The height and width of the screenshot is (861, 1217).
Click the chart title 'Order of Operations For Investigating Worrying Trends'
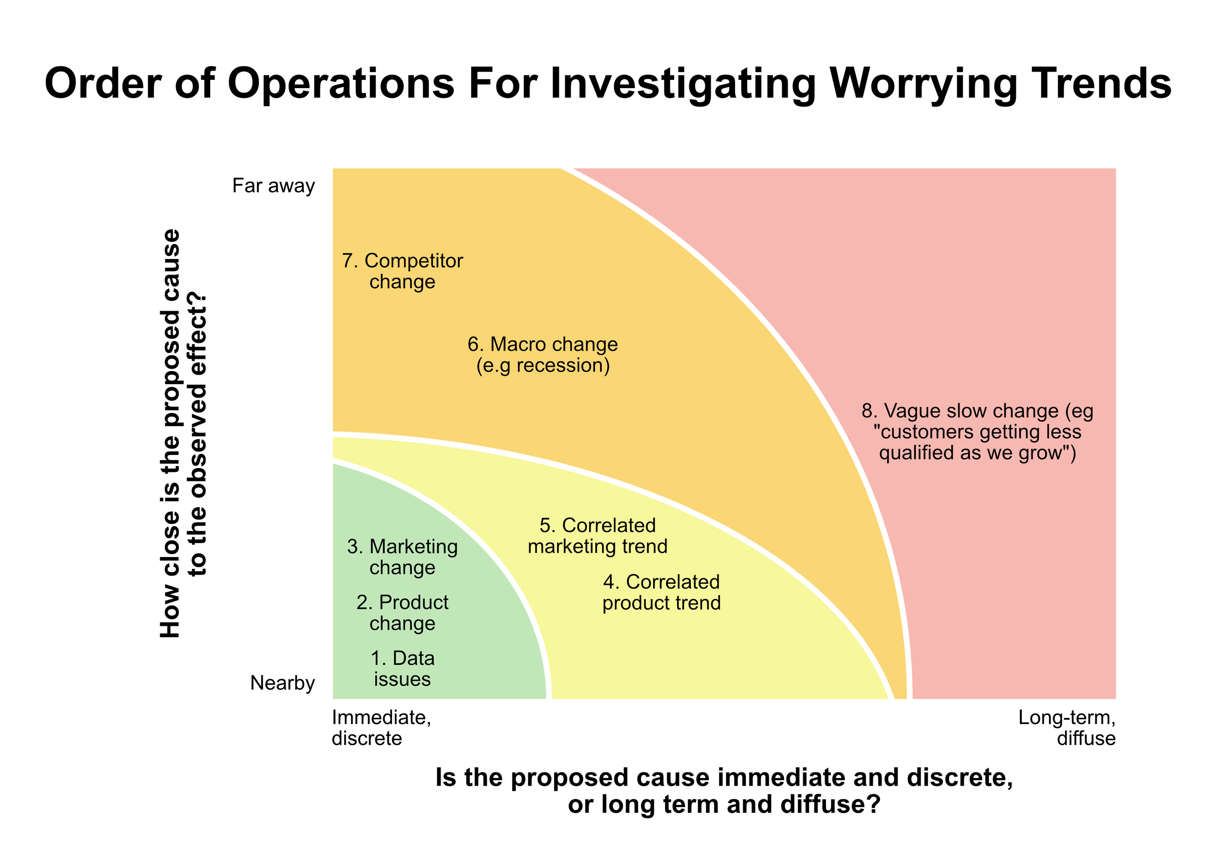608,84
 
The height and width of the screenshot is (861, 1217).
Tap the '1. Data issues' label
402,669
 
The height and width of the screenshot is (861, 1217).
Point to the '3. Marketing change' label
402,557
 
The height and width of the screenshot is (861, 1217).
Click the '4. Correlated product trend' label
662,592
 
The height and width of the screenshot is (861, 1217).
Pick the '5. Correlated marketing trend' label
597,536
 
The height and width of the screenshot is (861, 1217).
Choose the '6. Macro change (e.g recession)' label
543,355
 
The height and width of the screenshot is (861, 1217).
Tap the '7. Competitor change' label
402,271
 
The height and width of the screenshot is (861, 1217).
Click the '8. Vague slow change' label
977,432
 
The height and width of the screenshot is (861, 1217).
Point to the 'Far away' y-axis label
274,186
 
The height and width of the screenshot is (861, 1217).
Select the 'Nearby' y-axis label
282,683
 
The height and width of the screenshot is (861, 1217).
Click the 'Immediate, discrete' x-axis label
381,728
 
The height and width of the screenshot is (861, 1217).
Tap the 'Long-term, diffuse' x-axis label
1067,728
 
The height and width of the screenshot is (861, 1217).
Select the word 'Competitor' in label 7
413,261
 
